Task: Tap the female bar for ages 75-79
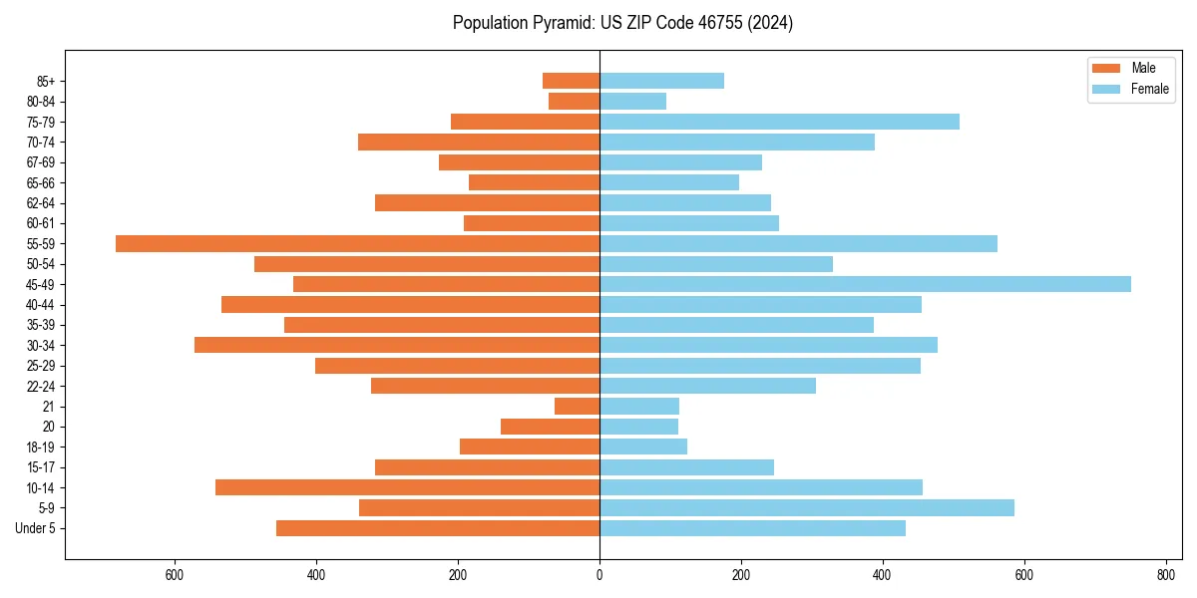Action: point(779,122)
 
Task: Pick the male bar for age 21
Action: point(577,406)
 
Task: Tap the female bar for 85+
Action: point(661,81)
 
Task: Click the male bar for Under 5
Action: point(438,528)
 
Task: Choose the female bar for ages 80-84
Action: point(632,101)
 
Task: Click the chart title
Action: point(622,23)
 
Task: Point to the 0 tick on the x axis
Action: point(599,575)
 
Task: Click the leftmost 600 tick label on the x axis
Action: point(175,575)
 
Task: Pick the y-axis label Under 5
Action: point(36,528)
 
